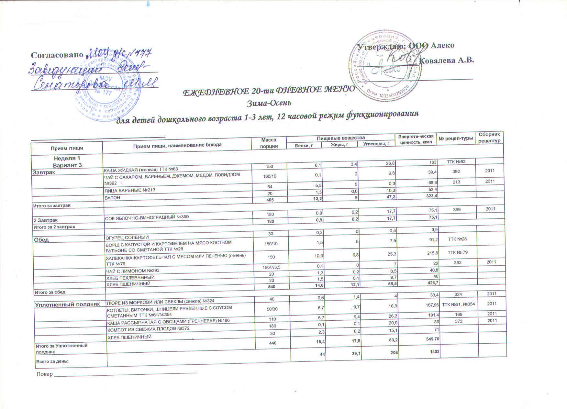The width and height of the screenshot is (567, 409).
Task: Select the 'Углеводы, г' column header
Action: [376, 143]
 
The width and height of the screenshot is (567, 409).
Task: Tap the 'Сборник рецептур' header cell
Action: [489, 138]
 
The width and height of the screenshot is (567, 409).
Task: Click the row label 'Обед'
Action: [41, 240]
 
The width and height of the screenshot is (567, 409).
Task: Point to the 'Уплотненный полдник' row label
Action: [67, 304]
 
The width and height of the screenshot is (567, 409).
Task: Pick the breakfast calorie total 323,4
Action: [430, 196]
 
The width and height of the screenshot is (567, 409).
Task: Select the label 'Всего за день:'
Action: [51, 361]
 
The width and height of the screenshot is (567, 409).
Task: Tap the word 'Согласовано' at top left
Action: [57, 55]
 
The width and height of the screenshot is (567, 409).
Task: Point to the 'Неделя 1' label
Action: [67, 158]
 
